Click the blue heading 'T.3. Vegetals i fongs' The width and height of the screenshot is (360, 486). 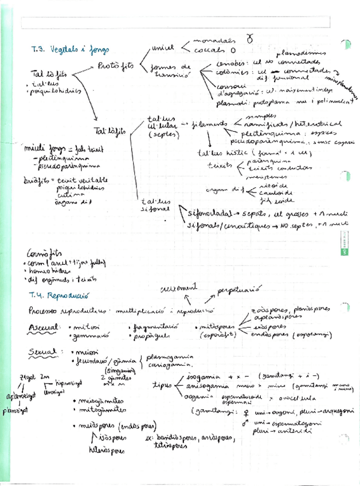pos(70,49)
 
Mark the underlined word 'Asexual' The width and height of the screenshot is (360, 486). pos(45,327)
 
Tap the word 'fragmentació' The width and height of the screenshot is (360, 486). pos(154,326)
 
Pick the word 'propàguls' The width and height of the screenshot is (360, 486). pos(150,334)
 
